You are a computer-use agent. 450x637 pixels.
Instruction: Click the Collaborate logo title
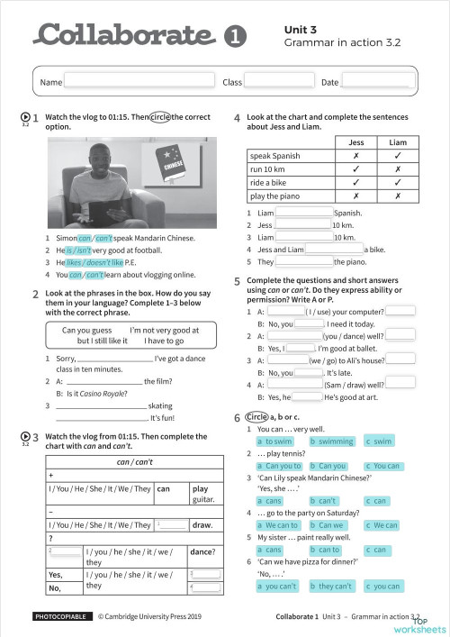point(126,35)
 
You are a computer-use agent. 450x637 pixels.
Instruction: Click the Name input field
point(139,82)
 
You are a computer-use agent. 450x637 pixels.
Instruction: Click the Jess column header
point(357,142)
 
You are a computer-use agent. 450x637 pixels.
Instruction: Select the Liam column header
point(397,142)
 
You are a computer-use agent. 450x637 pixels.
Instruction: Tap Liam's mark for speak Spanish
point(397,156)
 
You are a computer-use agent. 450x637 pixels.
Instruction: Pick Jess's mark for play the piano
point(357,196)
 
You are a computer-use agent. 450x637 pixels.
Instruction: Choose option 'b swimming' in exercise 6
point(332,441)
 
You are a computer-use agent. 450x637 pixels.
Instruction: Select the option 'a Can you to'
point(279,466)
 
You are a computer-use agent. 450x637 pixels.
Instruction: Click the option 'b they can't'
point(332,587)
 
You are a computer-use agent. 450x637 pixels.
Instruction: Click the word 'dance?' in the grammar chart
point(202,551)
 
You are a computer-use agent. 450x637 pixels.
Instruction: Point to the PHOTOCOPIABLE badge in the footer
point(61,617)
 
